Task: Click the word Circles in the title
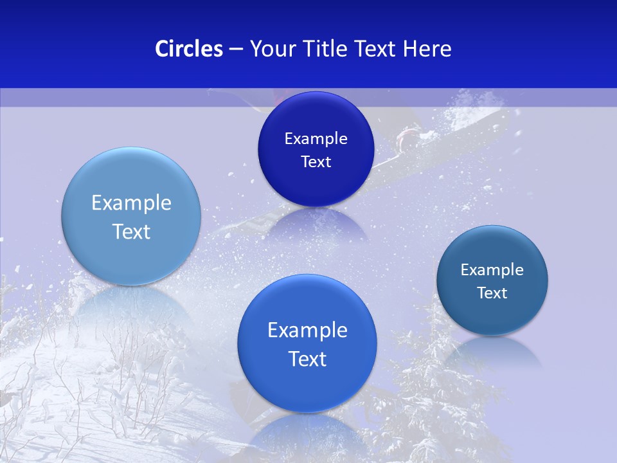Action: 188,49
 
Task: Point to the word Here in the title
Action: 427,49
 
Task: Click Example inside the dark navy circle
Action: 316,139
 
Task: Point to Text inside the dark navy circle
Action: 316,162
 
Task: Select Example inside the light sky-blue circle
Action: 131,203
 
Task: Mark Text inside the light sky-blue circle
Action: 131,232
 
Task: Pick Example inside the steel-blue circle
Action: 492,270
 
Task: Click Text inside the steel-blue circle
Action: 492,293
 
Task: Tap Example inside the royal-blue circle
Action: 307,331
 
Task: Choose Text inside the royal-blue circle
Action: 307,359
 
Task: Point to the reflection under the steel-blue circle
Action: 492,350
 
